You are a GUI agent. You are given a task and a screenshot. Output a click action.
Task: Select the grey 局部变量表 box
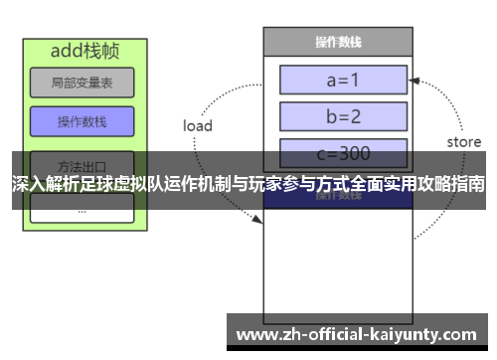pyautogui.click(x=82, y=83)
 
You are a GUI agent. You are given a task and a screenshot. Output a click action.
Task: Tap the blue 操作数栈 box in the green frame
pyautogui.click(x=82, y=121)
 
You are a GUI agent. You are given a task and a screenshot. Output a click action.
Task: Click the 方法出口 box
pyautogui.click(x=82, y=162)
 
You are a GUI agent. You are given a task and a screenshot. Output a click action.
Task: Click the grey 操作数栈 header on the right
pyautogui.click(x=337, y=42)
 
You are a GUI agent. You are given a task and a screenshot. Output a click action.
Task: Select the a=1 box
pyautogui.click(x=343, y=79)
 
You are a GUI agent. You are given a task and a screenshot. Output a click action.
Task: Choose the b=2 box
pyautogui.click(x=343, y=116)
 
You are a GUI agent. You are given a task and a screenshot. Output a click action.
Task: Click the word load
pyautogui.click(x=198, y=126)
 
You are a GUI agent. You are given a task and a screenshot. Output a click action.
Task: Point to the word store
pyautogui.click(x=463, y=142)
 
